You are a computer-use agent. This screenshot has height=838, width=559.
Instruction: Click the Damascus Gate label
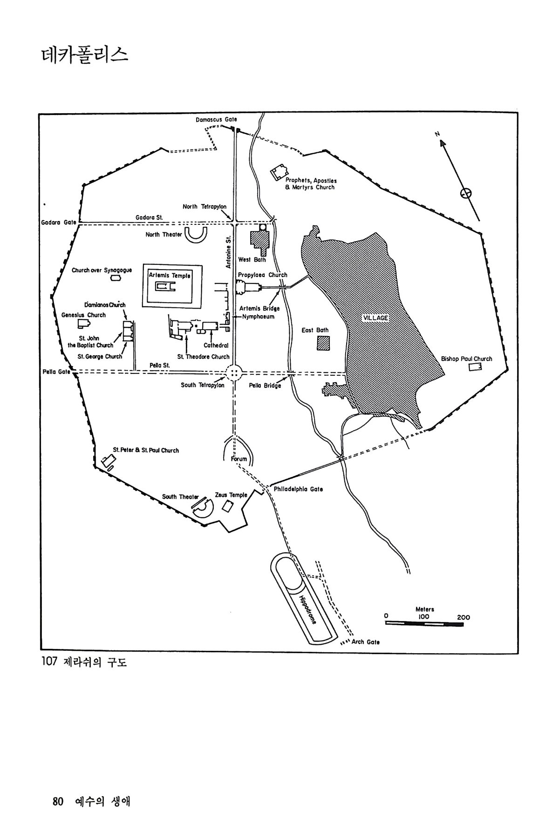click(216, 120)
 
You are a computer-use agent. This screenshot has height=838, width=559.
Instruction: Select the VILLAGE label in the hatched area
click(375, 318)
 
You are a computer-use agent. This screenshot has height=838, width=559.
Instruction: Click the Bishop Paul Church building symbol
click(475, 367)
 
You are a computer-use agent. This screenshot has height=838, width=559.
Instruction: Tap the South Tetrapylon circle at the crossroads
click(234, 372)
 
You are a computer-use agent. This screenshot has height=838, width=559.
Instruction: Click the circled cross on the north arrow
click(465, 193)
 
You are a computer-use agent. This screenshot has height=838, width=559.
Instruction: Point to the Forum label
click(239, 459)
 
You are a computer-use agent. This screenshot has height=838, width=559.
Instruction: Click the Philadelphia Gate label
click(298, 489)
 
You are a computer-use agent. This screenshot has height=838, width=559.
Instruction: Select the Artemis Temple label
click(170, 276)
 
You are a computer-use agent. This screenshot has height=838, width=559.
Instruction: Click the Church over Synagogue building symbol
click(115, 278)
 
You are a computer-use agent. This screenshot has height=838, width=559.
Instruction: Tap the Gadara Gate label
click(58, 223)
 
